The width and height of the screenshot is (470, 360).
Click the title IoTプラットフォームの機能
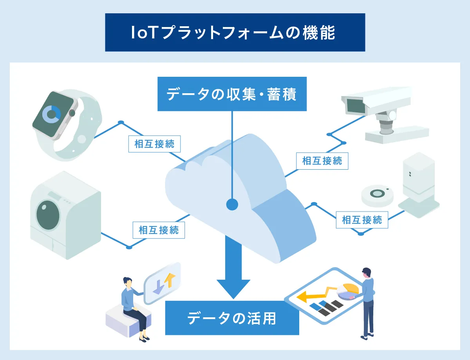235,33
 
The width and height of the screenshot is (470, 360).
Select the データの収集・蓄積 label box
232,94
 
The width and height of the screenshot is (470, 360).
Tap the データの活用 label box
232,318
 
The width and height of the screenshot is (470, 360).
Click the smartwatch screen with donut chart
52,113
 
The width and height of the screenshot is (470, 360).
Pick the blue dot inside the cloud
232,204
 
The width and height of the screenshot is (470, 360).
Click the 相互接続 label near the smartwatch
155,144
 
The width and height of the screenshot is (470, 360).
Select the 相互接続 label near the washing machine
159,230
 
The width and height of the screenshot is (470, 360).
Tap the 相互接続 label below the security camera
322,161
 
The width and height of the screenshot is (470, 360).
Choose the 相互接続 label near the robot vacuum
362,220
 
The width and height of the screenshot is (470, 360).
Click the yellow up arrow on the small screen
169,279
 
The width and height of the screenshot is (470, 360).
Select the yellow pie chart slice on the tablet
350,289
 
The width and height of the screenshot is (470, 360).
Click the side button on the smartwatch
72,113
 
